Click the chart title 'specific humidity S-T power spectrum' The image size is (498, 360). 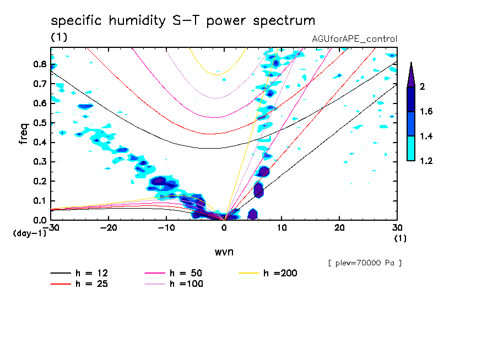[x=183, y=21]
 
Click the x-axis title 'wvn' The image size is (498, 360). [x=224, y=252]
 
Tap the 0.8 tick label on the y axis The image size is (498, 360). [x=39, y=64]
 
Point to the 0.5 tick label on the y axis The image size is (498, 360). [x=39, y=123]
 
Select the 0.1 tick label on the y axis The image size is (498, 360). [x=39, y=200]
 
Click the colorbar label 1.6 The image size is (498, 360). [x=426, y=112]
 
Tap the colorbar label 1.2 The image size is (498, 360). [x=426, y=161]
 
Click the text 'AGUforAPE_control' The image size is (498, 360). [x=354, y=39]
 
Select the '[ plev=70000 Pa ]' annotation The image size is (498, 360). [x=365, y=263]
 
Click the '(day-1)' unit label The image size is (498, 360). [x=29, y=233]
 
